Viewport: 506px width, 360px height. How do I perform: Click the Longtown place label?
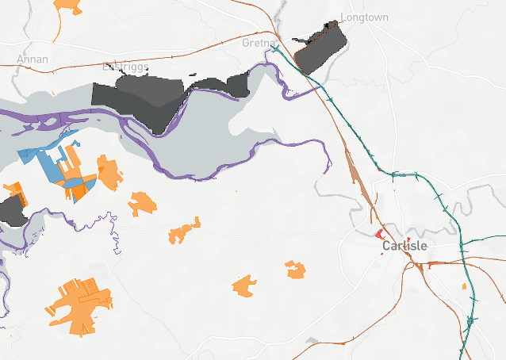click(x=365, y=17)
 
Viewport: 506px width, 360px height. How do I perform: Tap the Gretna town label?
click(x=259, y=43)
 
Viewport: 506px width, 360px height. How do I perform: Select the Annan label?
click(x=33, y=59)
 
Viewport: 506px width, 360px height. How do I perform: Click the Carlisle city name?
click(x=404, y=246)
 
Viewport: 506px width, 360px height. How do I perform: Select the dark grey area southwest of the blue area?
click(x=11, y=210)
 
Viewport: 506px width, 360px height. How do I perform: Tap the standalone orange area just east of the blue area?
click(x=109, y=172)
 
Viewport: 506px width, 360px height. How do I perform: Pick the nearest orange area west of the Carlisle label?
click(x=296, y=270)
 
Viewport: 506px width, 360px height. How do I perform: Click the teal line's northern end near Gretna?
click(x=274, y=49)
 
